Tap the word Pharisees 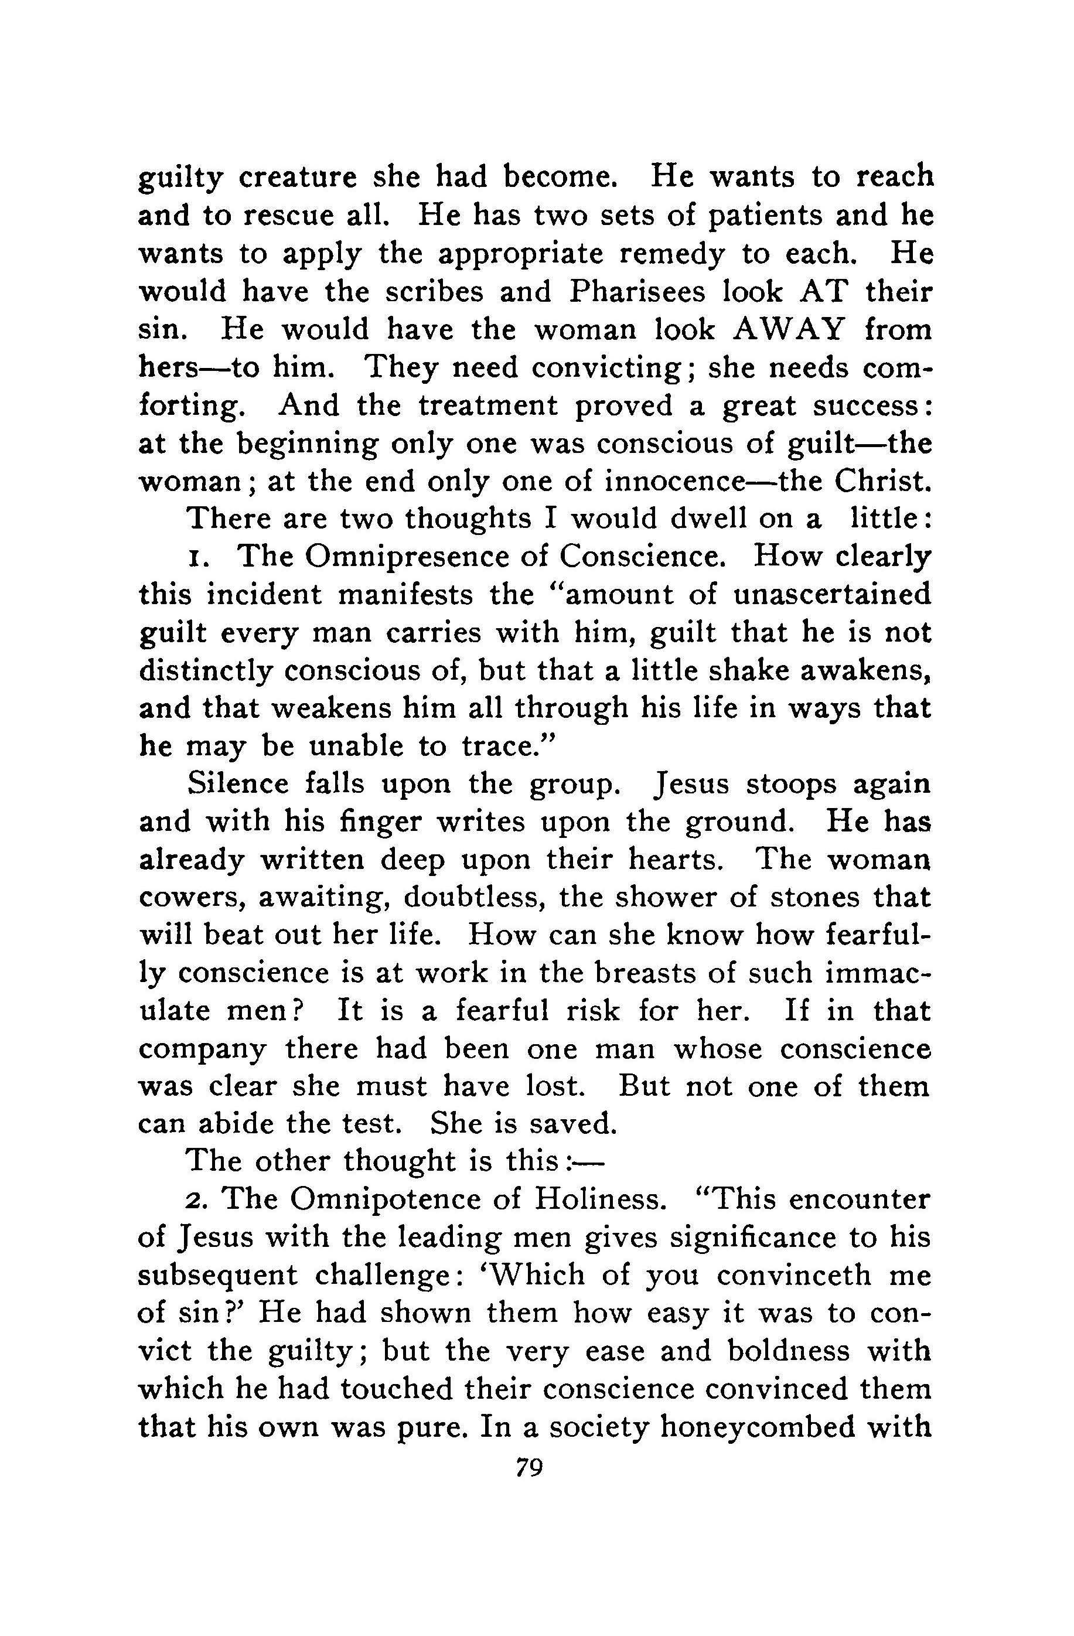tap(637, 292)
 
